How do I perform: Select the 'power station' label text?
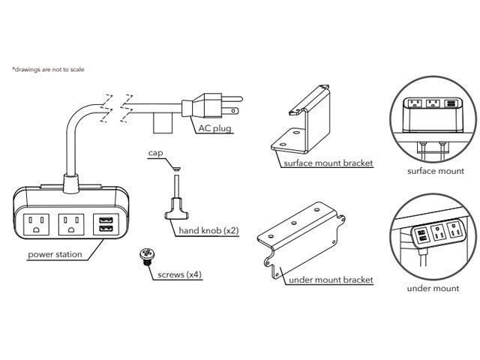coord(55,254)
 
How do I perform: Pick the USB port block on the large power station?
coord(104,223)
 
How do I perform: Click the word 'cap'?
coord(155,152)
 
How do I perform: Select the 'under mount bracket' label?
coord(331,280)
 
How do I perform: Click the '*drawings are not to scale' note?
coord(48,70)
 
